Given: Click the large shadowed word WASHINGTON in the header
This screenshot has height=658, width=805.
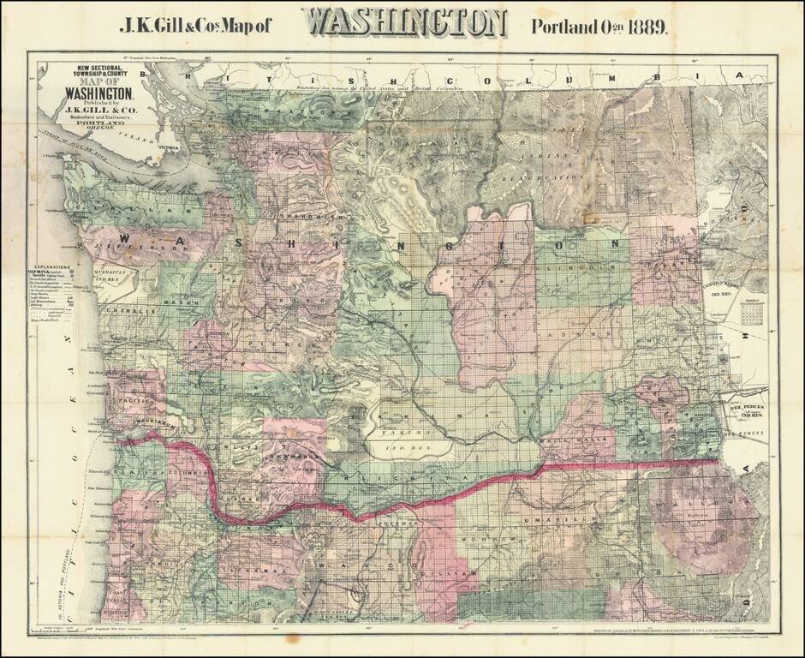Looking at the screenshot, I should pos(404,23).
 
